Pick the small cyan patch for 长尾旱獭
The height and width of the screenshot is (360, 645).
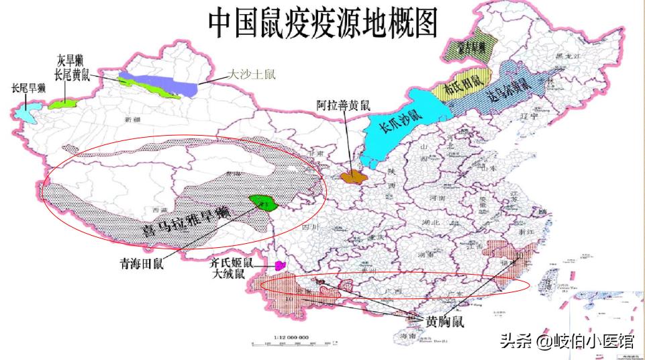[29, 112]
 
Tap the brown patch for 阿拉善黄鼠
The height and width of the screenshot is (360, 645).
[352, 177]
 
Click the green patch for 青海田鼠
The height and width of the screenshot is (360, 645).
[263, 202]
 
